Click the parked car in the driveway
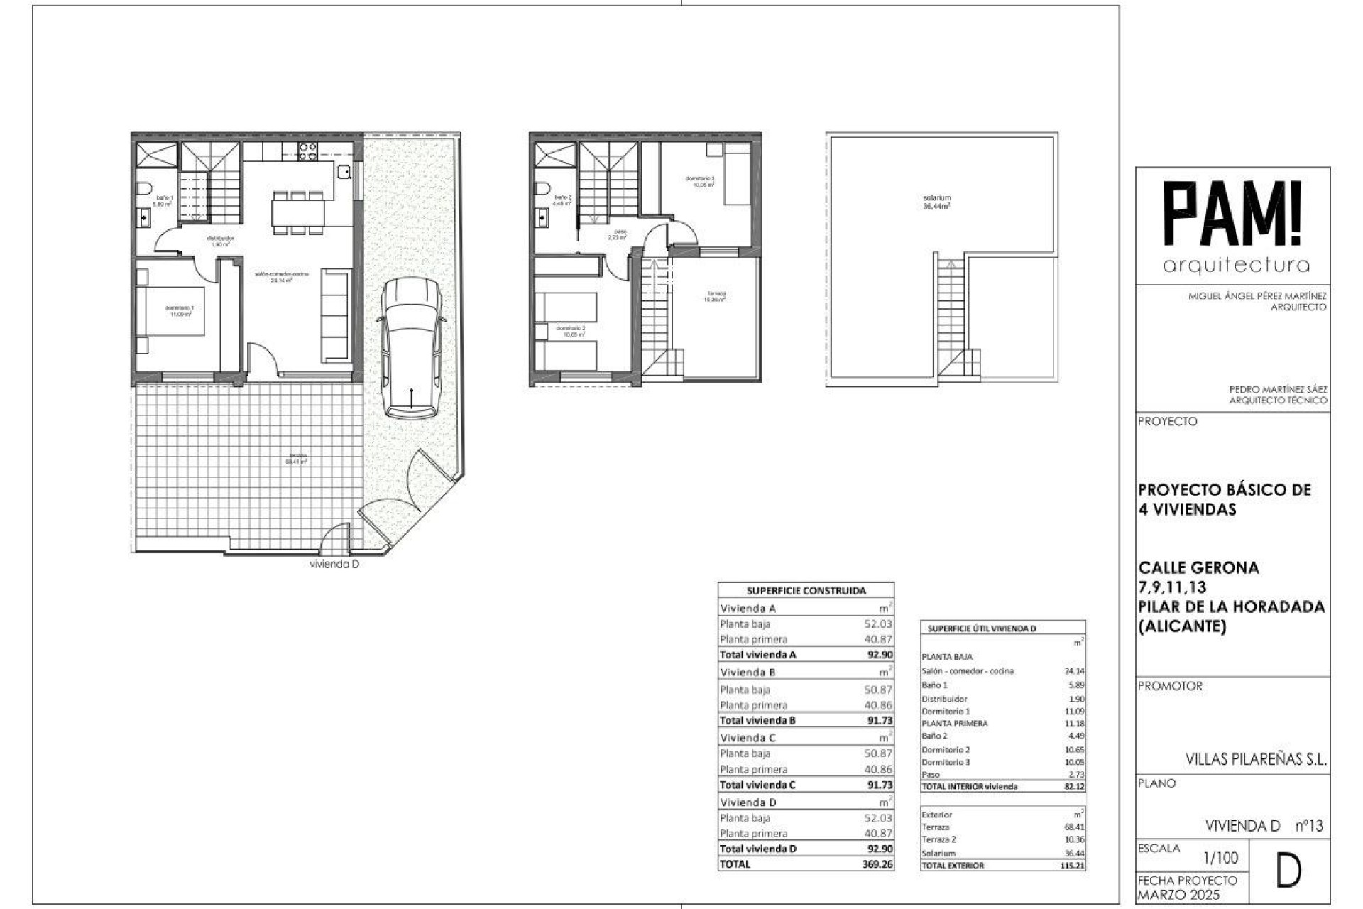(x=412, y=347)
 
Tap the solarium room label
(x=936, y=202)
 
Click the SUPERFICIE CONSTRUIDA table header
(x=806, y=590)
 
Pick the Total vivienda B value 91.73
(x=880, y=720)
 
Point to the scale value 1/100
(x=1221, y=858)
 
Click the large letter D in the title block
(x=1288, y=872)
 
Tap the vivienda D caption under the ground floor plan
(x=334, y=565)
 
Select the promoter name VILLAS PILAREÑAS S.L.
(x=1255, y=759)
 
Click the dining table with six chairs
(x=298, y=212)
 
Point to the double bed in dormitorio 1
(x=170, y=311)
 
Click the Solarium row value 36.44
(x=1074, y=854)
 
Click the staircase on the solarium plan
(x=951, y=312)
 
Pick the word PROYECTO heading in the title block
(x=1167, y=421)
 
